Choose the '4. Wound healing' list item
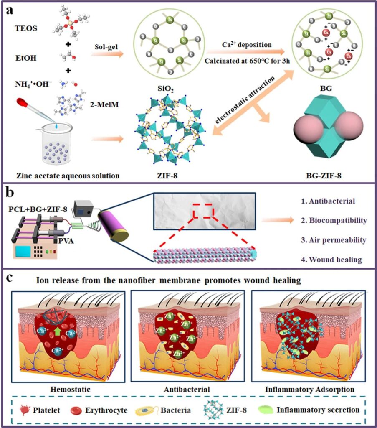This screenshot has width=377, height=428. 335,260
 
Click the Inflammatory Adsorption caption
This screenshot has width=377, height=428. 310,389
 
